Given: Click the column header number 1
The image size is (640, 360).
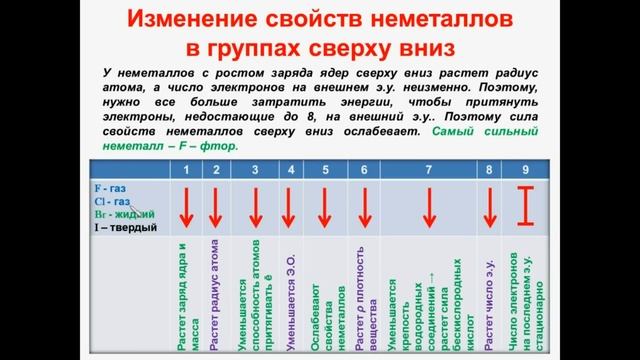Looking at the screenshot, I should click(185, 169).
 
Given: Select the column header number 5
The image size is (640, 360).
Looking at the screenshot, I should click(325, 169).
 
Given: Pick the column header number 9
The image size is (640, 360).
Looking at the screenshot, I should click(526, 169).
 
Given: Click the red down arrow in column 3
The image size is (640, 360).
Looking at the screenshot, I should click(256, 207).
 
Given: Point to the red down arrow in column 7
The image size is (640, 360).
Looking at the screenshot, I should click(428, 207).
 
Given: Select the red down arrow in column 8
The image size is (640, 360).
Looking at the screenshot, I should click(490, 207).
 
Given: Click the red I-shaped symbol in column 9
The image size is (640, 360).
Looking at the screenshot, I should click(527, 206).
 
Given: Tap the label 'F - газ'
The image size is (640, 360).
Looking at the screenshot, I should click(110, 187).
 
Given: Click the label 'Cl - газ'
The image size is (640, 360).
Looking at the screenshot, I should click(112, 200).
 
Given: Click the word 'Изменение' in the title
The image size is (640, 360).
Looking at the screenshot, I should click(187, 19).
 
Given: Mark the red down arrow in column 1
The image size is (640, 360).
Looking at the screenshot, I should click(185, 207).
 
